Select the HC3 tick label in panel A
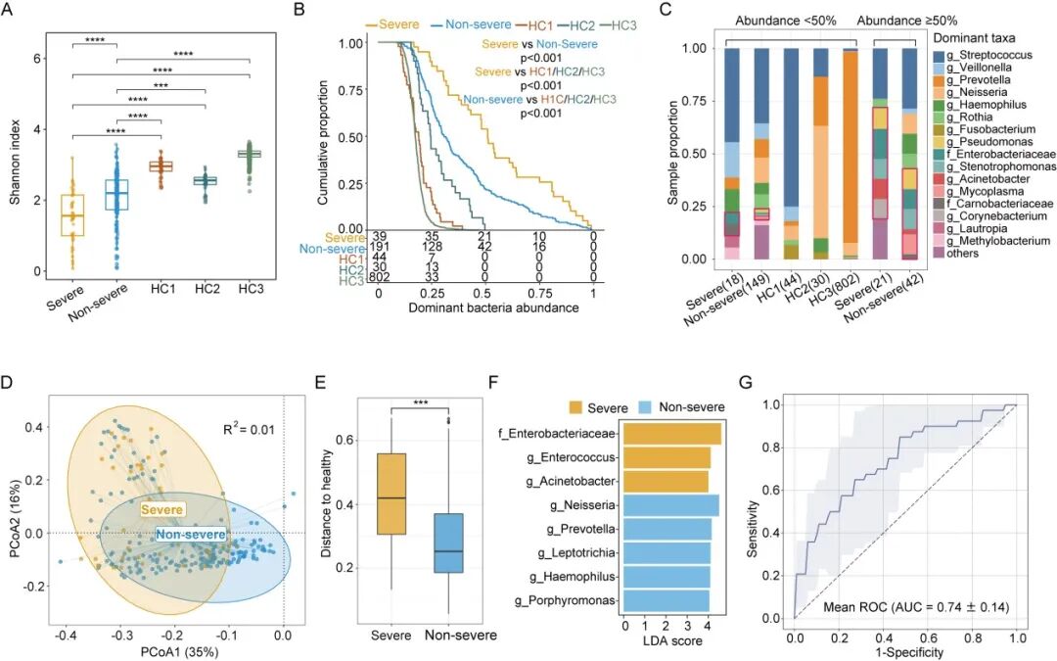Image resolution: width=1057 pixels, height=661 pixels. (248, 293)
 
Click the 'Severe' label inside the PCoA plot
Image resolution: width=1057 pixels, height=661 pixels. (164, 509)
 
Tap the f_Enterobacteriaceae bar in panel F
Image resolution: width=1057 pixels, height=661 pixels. (671, 434)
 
